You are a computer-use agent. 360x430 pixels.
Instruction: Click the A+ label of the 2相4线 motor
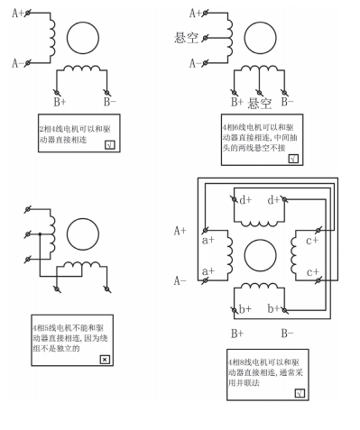point(17,14)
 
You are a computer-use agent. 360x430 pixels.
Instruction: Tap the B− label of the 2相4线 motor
point(109,102)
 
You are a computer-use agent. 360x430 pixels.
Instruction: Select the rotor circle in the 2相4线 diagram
point(83,38)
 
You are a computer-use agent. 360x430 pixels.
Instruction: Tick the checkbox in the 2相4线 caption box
point(110,145)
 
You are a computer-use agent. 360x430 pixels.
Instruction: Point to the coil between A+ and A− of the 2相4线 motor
point(52,38)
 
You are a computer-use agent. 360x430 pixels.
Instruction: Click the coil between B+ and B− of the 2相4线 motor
point(81,69)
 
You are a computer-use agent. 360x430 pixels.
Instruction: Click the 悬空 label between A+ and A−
point(186,38)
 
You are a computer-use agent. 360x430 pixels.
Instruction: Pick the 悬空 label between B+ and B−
point(259,104)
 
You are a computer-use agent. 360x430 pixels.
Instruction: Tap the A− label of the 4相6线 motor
point(195,63)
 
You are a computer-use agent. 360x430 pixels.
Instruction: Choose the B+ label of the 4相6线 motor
point(237,102)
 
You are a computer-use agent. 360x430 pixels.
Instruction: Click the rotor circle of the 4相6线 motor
point(260,38)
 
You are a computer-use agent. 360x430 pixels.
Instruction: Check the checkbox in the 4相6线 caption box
point(293,159)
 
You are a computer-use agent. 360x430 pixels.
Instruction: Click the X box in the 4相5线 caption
point(105,359)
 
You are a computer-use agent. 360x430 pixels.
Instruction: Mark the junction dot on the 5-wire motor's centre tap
point(40,233)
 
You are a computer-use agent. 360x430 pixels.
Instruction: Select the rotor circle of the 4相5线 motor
point(83,234)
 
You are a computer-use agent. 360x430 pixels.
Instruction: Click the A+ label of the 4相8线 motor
point(180,231)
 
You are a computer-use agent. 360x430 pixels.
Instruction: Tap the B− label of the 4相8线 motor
point(287,334)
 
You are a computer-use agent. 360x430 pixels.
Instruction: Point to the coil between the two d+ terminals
point(259,224)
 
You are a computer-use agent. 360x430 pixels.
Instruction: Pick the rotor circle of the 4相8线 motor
point(260,255)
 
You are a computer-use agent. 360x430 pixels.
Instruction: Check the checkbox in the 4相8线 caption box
point(300,393)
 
